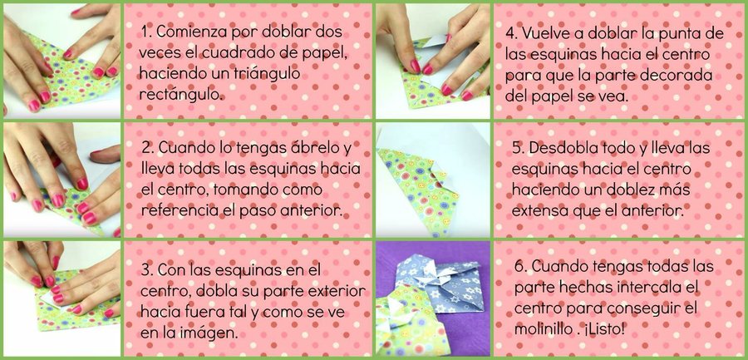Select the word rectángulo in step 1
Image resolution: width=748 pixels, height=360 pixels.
point(181,95)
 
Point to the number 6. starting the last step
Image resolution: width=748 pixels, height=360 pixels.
point(520,266)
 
